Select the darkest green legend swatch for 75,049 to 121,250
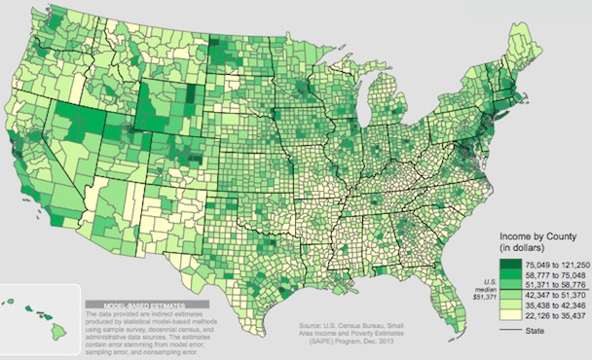tap(511, 263)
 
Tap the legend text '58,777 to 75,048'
tap(554, 274)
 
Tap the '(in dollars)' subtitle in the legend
tap(525, 249)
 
